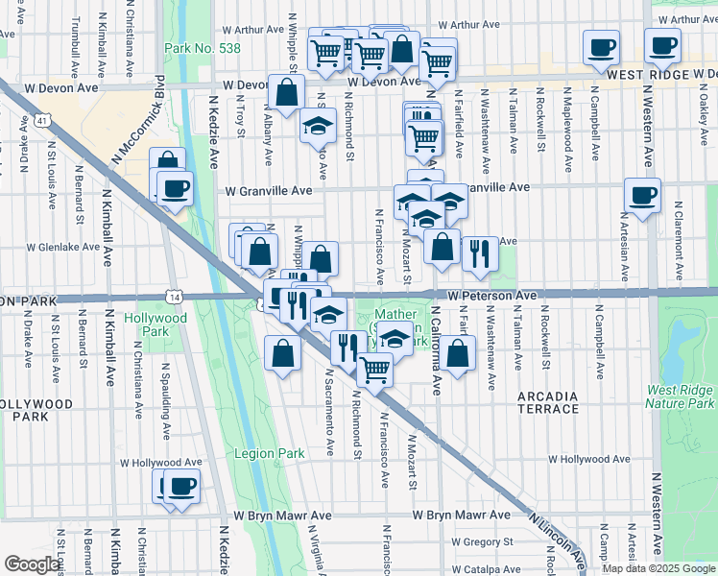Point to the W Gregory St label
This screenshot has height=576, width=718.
[x=463, y=542]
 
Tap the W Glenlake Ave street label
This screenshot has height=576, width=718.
[x=63, y=247]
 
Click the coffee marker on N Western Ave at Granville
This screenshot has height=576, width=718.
[x=641, y=195]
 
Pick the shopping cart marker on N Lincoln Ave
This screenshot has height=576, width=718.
[x=374, y=368]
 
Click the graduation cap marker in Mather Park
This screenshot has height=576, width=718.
[x=395, y=338]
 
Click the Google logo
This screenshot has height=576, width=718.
[x=32, y=564]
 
